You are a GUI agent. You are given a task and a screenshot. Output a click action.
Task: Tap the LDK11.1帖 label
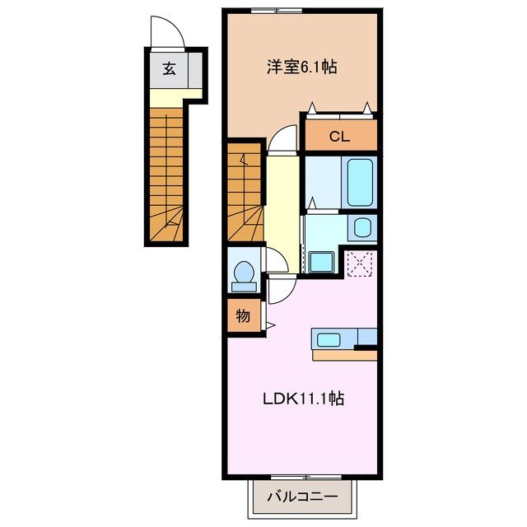(303, 400)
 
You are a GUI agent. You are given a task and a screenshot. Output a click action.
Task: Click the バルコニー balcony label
(302, 497)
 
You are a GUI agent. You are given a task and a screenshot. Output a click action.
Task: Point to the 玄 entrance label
(168, 69)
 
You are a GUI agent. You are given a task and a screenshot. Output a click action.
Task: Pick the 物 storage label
(244, 315)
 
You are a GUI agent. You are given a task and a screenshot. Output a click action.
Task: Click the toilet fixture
(243, 276)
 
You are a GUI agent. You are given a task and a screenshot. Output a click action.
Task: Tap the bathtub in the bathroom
(361, 182)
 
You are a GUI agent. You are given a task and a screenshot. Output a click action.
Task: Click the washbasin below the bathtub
(361, 228)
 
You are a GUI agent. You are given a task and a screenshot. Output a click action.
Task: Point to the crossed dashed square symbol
(361, 263)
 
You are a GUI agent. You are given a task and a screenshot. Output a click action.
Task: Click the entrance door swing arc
(167, 33)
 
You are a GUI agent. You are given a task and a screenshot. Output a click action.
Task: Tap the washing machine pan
(319, 261)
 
